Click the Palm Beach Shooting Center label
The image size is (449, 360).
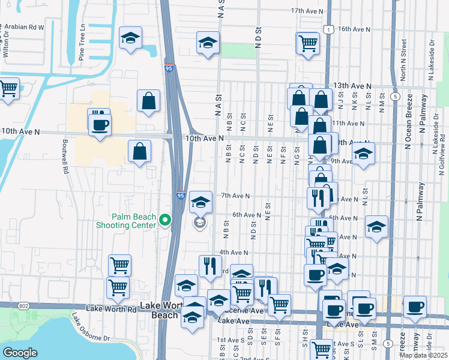[x=133, y=221]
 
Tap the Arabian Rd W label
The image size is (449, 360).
[x=24, y=27]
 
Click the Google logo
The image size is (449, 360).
[x=20, y=352]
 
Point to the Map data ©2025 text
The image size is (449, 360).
[x=423, y=355]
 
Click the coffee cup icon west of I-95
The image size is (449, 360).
[x=100, y=125]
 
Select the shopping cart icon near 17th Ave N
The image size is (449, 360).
[x=308, y=43]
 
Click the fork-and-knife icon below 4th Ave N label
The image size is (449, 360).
[x=210, y=265]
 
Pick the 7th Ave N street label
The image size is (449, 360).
[x=235, y=196]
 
